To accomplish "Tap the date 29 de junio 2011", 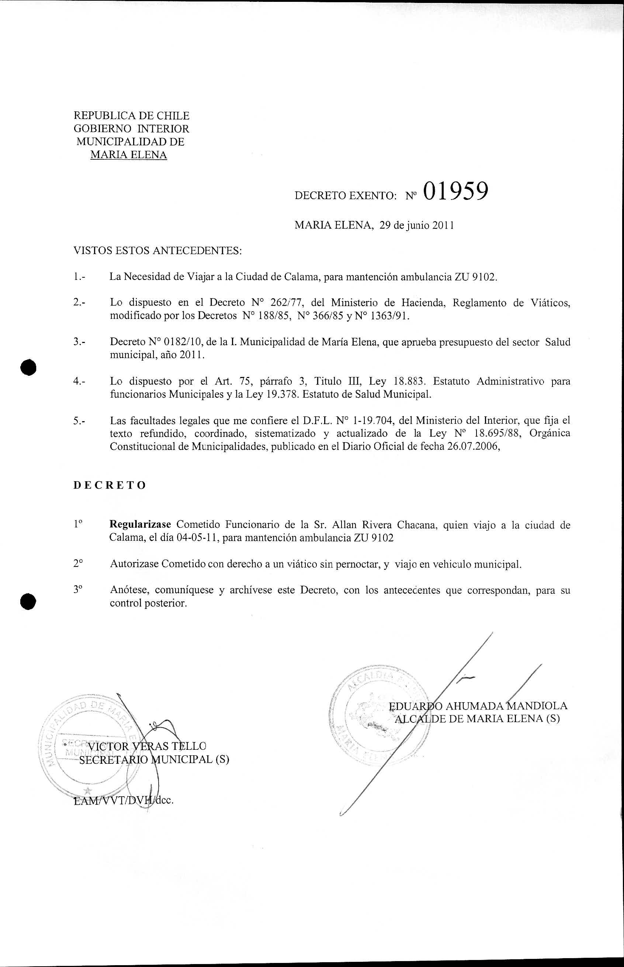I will tap(416, 226).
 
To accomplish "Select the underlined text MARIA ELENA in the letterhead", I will tap(128, 155).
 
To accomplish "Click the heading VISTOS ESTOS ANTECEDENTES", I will tap(157, 251).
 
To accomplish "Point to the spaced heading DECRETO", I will tap(110, 485).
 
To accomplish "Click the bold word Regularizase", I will tap(140, 525).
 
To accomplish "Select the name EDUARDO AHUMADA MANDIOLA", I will tap(478, 706).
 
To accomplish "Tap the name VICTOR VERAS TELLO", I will tap(147, 746).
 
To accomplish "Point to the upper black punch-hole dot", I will tap(29, 367).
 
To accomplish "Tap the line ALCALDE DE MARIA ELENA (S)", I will tap(477, 719).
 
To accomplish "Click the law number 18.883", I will tap(409, 382).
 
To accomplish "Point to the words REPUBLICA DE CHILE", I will tap(131, 116).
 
